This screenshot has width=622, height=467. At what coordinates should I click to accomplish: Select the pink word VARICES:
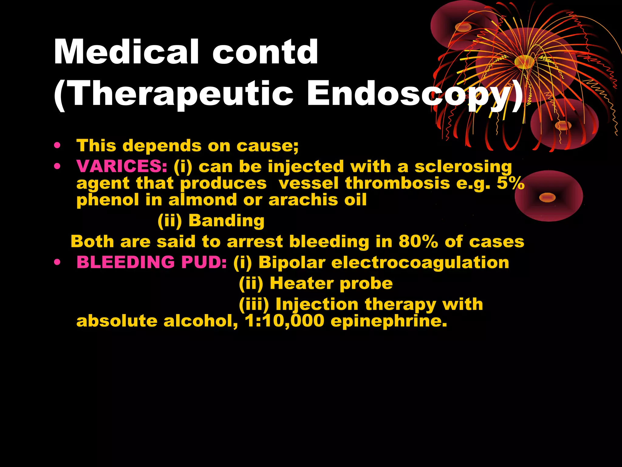[x=122, y=166]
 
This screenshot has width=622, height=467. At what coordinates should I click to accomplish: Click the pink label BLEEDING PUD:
[x=152, y=262]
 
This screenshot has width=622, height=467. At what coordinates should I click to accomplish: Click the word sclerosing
[x=463, y=167]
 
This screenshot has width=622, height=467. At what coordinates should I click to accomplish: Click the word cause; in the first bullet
[x=267, y=146]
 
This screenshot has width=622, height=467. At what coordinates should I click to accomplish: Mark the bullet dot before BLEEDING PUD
[x=57, y=262]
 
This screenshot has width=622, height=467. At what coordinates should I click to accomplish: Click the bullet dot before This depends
[x=57, y=145]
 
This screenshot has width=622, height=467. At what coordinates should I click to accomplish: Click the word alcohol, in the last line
[x=201, y=321]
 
